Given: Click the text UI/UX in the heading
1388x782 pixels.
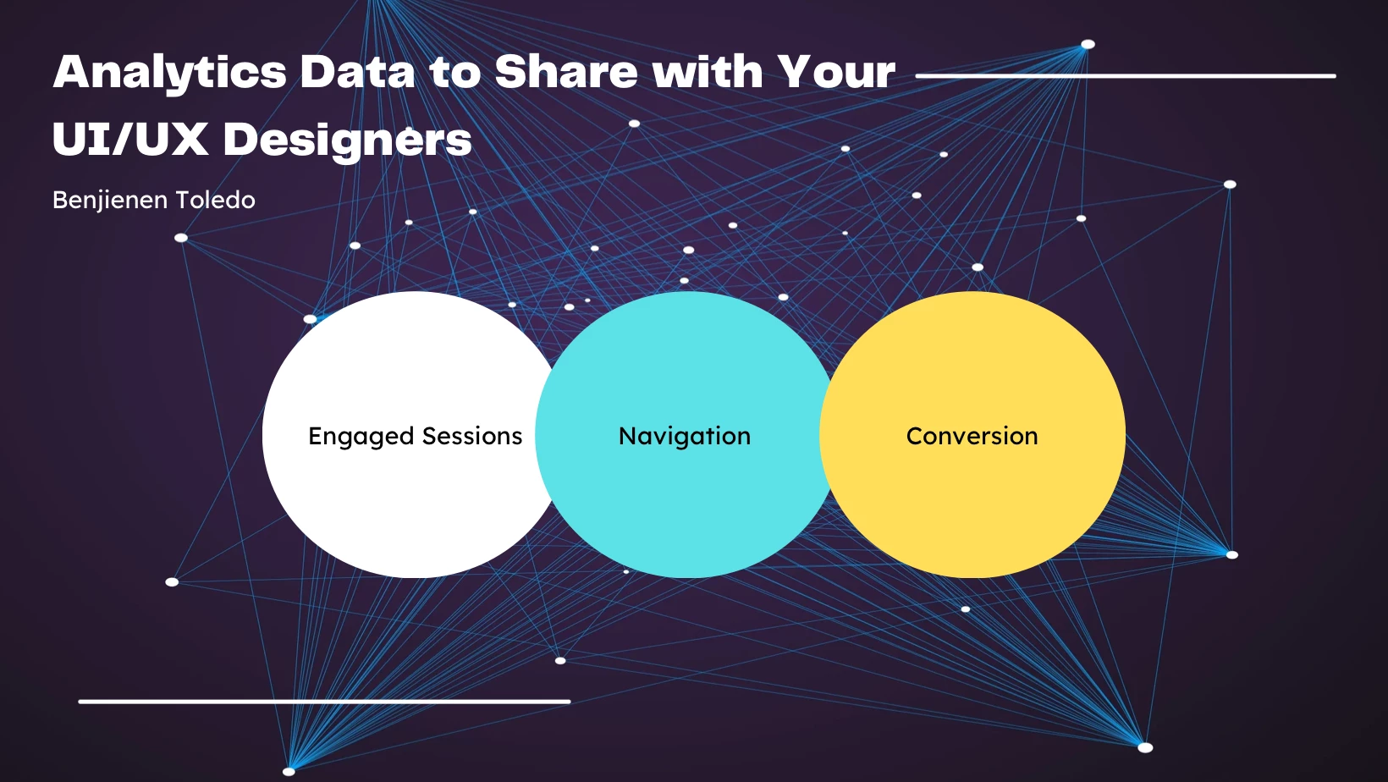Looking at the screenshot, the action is click(130, 138).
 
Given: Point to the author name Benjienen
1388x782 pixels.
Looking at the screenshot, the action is click(110, 201).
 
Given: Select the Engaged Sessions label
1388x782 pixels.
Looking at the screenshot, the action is click(416, 437).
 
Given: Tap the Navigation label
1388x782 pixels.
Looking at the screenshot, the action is click(685, 437).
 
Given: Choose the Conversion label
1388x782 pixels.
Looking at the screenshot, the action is click(972, 436).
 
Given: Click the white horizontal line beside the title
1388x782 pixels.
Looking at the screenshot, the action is click(1126, 76).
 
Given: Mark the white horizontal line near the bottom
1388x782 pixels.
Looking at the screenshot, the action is click(324, 702).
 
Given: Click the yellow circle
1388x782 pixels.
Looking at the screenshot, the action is click(972, 434).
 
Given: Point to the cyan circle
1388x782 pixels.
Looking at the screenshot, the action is click(686, 434).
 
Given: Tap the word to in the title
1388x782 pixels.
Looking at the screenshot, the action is click(454, 73).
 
